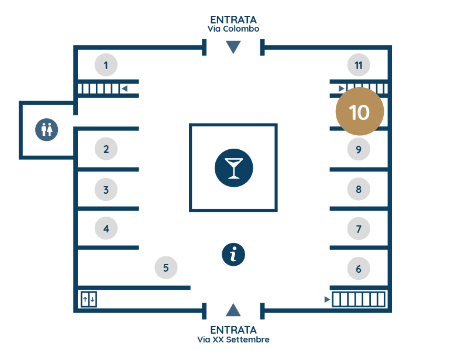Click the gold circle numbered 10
(x=360, y=111)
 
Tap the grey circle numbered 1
(x=106, y=65)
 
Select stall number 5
(x=166, y=268)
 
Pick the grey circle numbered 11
(x=359, y=65)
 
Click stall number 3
(x=106, y=190)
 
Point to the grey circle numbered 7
(x=359, y=229)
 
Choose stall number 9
(x=359, y=149)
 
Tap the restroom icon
(x=47, y=130)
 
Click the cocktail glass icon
(x=233, y=168)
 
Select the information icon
(x=233, y=255)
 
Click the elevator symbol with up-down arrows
(x=89, y=299)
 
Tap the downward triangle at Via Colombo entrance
(x=233, y=47)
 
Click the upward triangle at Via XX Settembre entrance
(x=233, y=310)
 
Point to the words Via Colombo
(x=233, y=29)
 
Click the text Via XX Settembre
(x=233, y=340)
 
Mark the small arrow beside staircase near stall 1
(x=125, y=88)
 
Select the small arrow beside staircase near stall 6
(x=327, y=299)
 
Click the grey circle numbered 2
(x=106, y=149)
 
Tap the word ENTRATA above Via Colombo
(x=233, y=20)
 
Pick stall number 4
(x=106, y=228)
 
